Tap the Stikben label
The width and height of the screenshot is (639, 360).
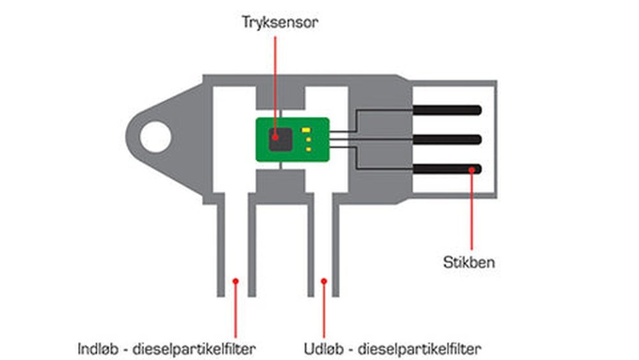[469, 262]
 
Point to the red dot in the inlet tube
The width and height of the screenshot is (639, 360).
[235, 280]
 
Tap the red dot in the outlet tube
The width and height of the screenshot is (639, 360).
[324, 280]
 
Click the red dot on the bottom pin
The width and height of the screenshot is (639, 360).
[472, 169]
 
